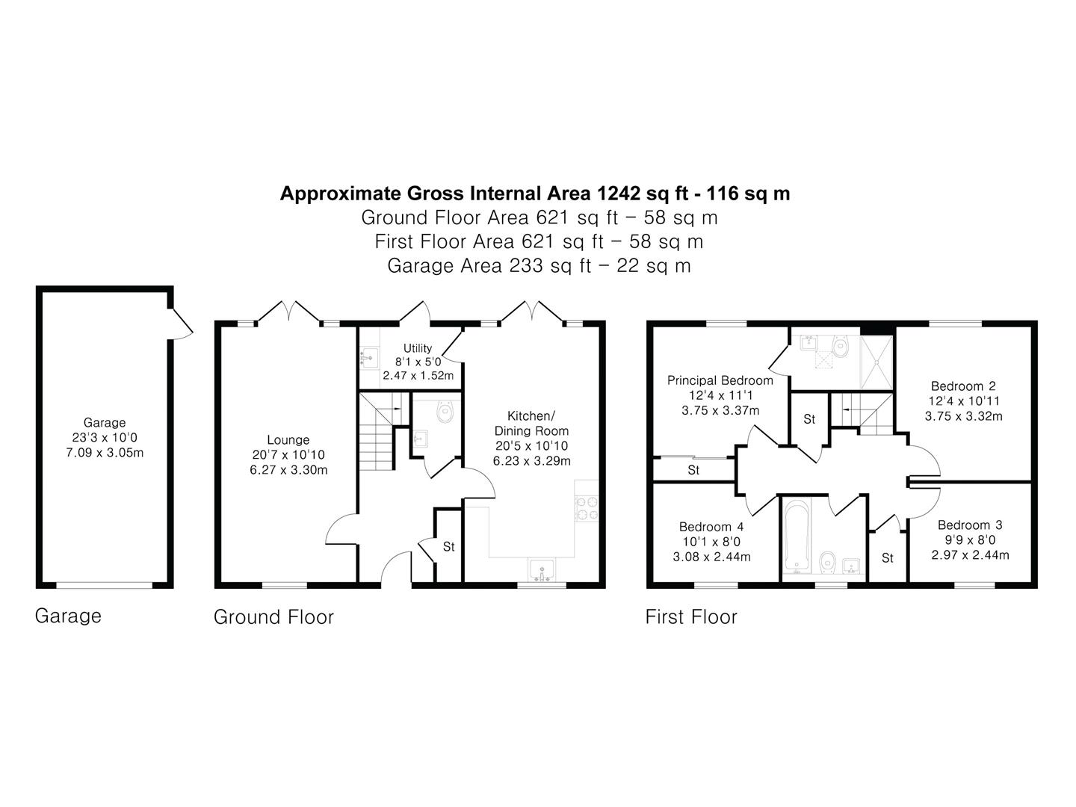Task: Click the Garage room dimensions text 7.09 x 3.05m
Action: [105, 452]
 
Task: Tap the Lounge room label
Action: [288, 439]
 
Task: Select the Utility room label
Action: [418, 348]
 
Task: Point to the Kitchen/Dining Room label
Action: [531, 424]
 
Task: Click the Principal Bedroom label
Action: [720, 380]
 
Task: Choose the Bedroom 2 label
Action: [963, 386]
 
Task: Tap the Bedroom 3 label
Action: [970, 525]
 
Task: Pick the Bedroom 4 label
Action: [711, 527]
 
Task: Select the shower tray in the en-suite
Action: [877, 362]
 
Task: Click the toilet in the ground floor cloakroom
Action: [445, 411]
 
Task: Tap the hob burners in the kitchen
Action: [587, 507]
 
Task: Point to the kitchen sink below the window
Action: [541, 570]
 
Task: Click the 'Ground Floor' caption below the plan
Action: [273, 617]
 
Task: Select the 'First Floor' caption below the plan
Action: [691, 617]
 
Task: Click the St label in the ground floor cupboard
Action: [449, 546]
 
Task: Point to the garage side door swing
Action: [181, 324]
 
